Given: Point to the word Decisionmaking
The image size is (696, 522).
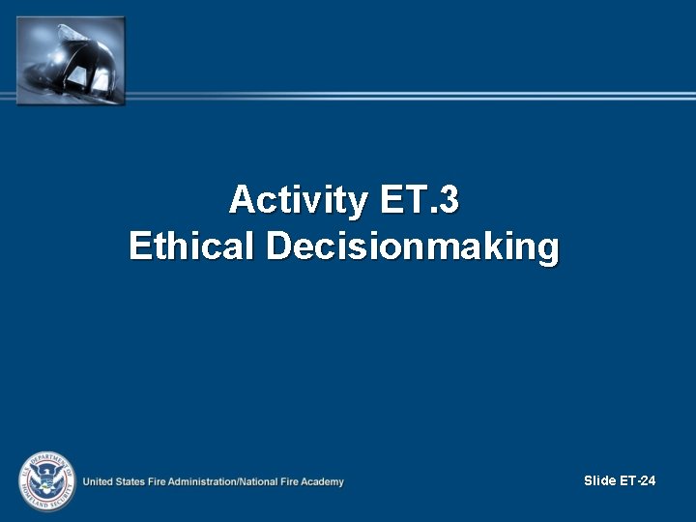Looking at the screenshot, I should coord(413,246).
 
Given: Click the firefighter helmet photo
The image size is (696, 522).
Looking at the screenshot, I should coord(71,60).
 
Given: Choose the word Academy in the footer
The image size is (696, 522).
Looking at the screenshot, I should coord(323,481).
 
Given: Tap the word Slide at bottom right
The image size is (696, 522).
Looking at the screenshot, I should coord(600,480).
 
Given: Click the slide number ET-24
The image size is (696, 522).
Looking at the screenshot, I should coord(638,480).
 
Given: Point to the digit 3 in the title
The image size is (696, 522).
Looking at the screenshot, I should coord(449,200).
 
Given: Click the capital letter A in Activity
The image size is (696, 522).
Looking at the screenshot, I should coord(241,200).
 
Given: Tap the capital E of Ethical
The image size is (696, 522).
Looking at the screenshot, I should coord(139,246).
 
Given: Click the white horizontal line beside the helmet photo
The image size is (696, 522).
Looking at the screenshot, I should coord(406,96).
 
